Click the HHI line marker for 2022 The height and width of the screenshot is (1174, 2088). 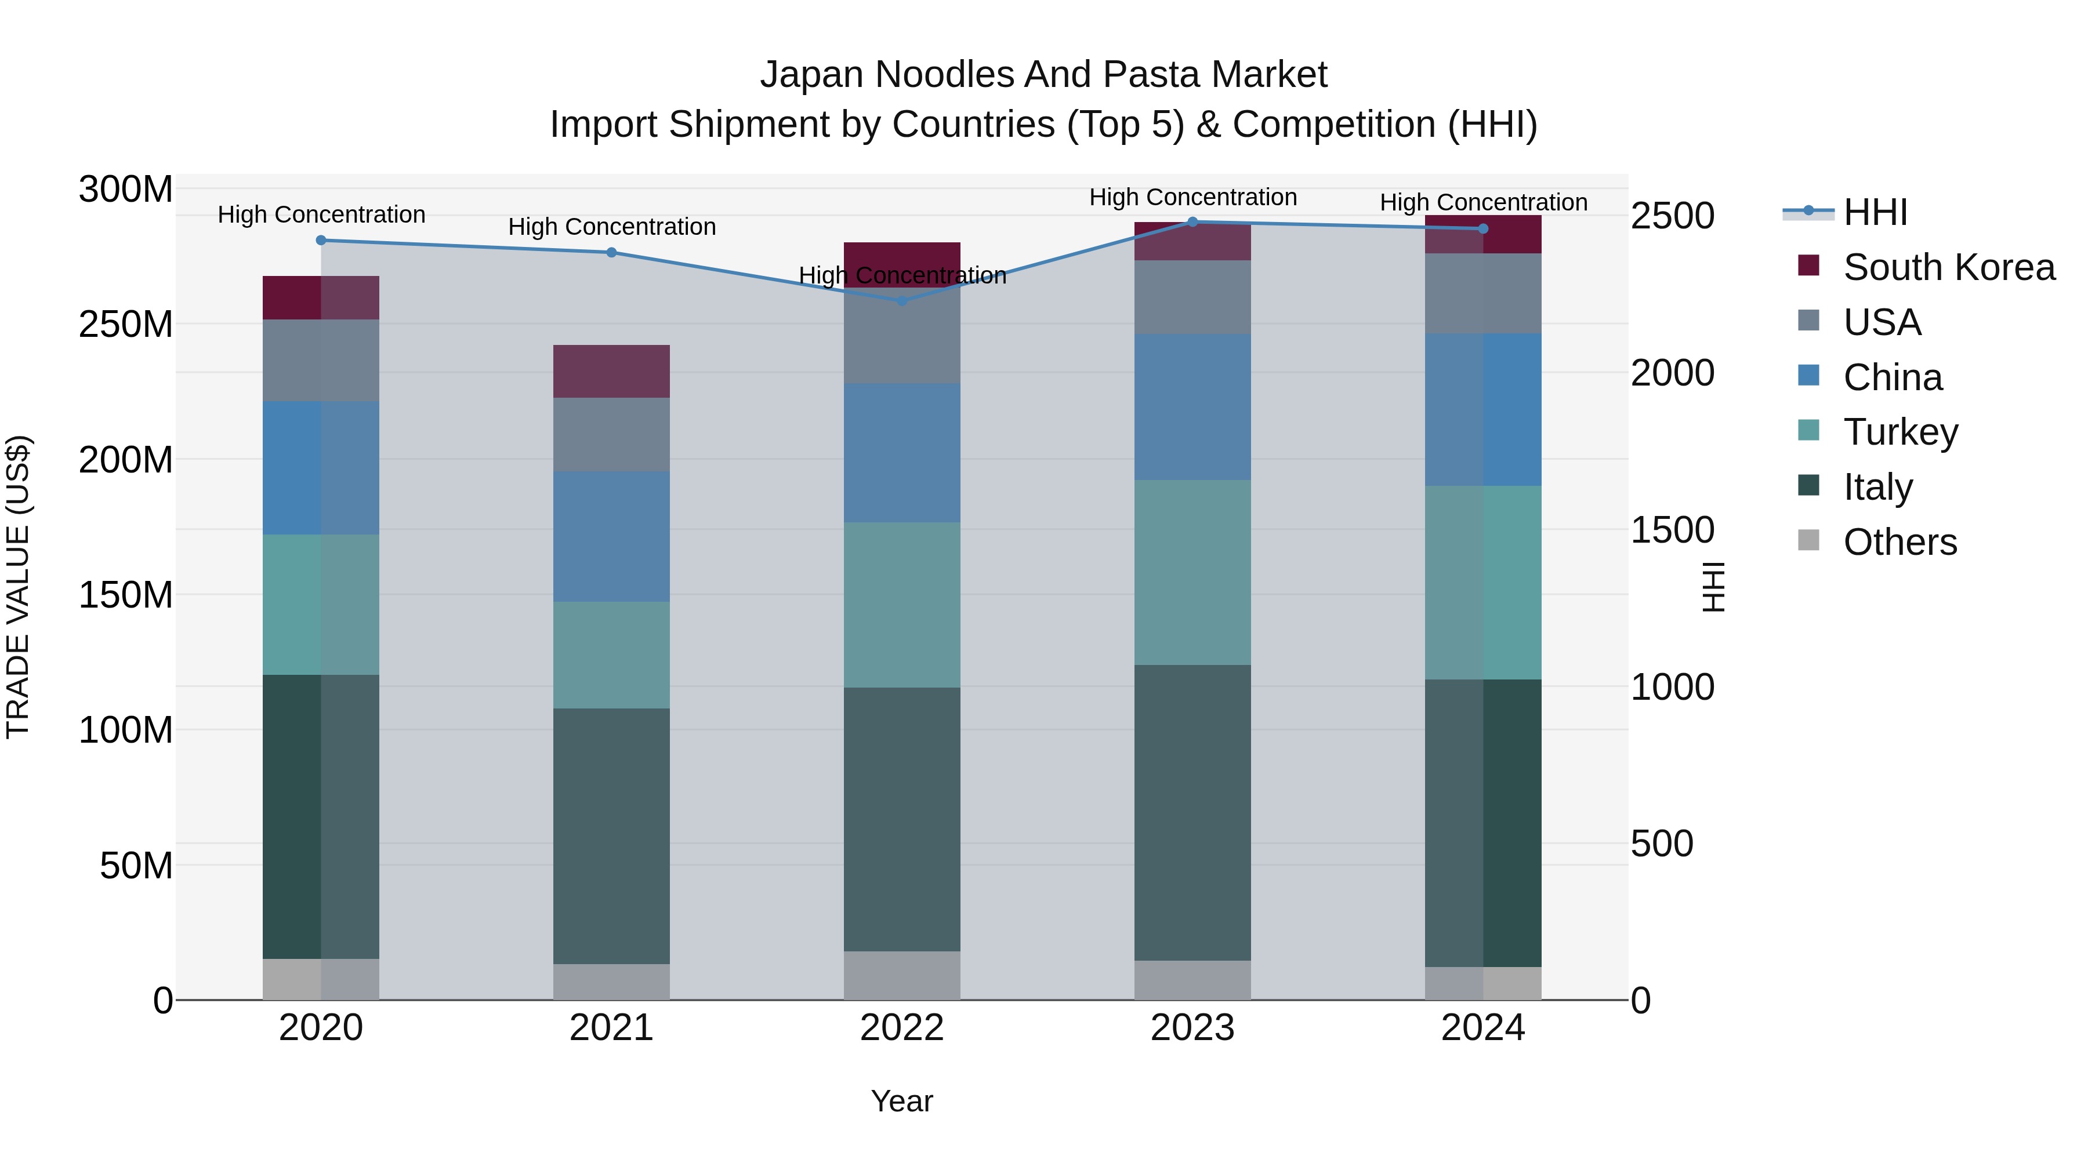901,300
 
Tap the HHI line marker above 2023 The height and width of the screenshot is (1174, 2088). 1192,222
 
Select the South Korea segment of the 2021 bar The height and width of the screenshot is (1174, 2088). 611,371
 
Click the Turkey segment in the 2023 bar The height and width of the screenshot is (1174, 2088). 1192,572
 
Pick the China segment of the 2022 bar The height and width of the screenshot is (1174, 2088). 901,453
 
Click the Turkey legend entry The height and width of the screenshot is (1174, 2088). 1900,432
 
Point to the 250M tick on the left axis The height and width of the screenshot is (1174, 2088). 126,324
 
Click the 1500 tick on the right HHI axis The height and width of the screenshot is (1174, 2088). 1672,530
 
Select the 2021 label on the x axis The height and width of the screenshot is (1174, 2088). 611,1028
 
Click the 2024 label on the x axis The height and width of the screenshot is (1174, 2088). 1482,1028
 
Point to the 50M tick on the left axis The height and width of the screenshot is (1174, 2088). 136,866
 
